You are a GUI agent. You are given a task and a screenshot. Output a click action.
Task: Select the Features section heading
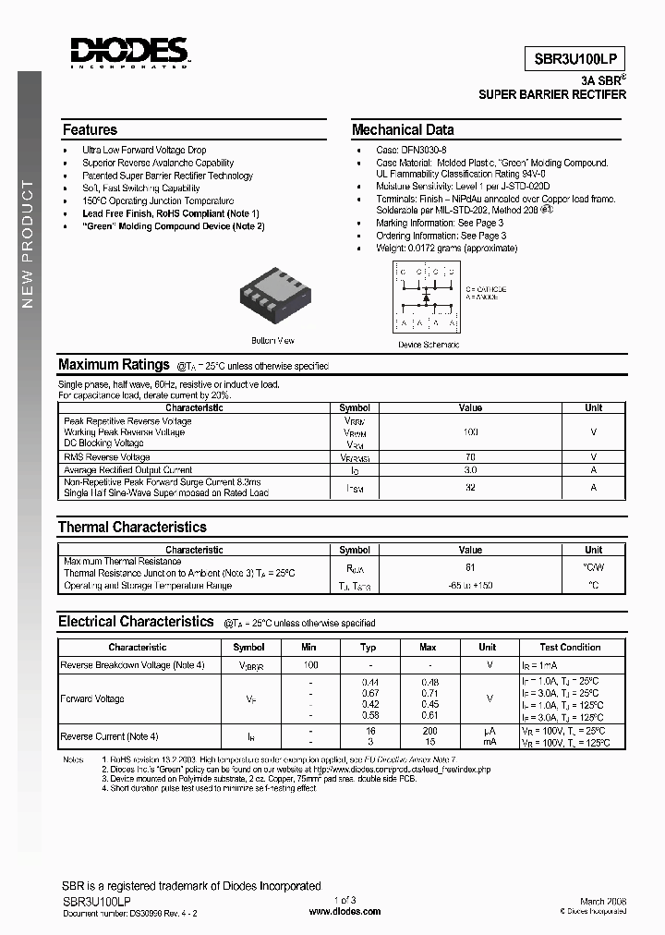[x=90, y=130]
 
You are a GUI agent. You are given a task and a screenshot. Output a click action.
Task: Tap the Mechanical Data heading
[x=403, y=130]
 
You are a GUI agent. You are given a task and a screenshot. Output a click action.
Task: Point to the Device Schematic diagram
[x=426, y=297]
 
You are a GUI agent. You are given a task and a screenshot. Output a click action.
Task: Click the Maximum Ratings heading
[x=114, y=365]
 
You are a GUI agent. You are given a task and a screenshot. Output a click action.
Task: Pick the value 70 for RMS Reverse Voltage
[x=470, y=456]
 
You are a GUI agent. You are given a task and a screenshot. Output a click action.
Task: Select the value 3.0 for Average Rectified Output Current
[x=470, y=469]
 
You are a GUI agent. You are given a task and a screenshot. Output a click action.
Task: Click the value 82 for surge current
[x=470, y=487]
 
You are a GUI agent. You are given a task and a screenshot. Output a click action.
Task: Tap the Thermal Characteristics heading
[x=132, y=528]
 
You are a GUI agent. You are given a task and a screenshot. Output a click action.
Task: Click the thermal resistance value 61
[x=470, y=567]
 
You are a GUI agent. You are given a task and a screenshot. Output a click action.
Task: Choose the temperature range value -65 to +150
[x=470, y=586]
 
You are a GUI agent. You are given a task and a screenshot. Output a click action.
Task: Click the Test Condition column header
[x=570, y=648]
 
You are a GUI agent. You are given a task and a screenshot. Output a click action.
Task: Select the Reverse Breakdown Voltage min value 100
[x=310, y=665]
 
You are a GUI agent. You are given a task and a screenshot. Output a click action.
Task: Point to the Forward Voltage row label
[x=94, y=699]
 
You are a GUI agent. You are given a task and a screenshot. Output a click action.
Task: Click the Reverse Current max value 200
[x=428, y=731]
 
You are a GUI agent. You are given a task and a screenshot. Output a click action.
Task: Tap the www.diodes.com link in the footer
[x=344, y=911]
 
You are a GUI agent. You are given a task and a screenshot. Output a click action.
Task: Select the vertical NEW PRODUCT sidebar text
[x=27, y=245]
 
